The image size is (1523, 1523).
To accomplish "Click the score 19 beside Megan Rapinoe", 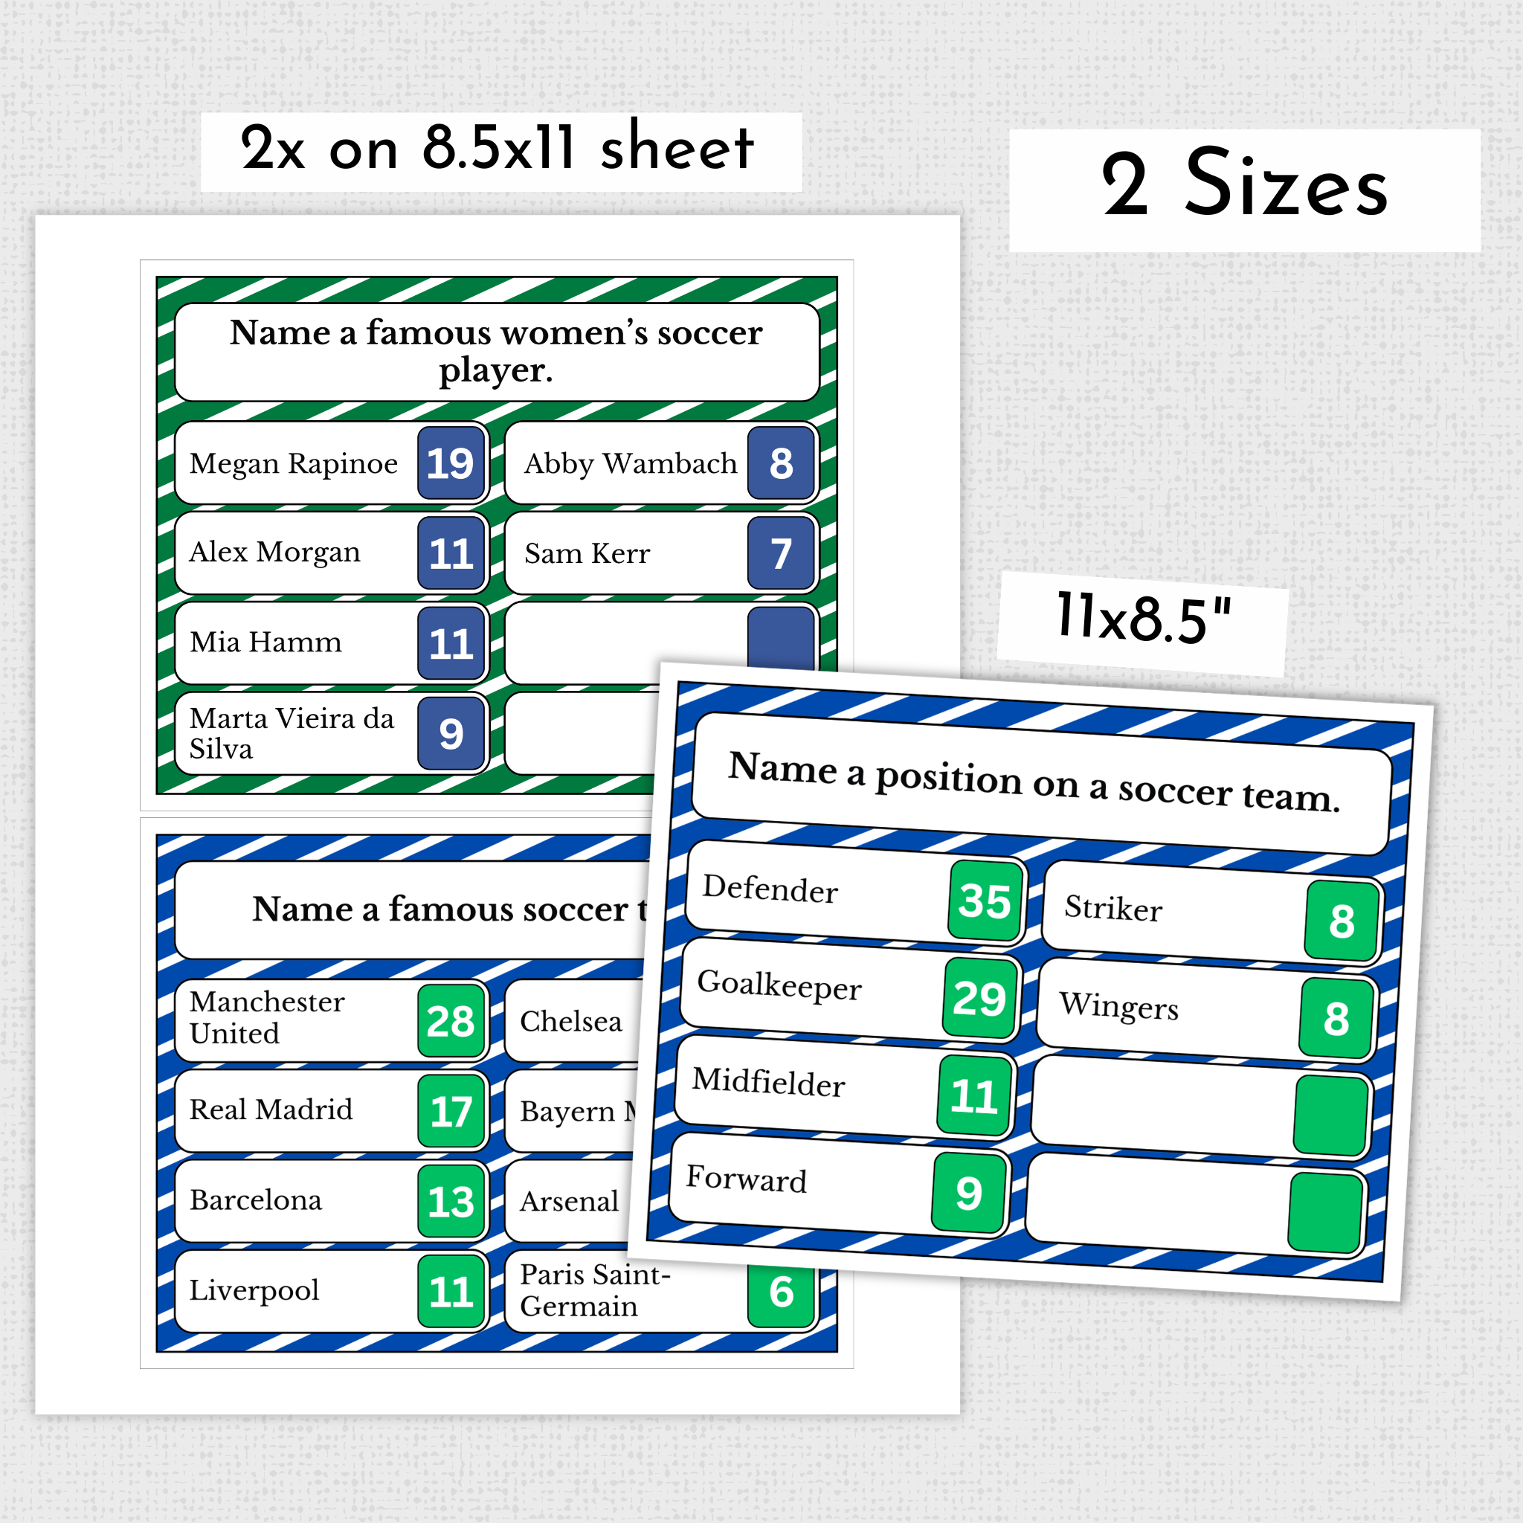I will click(x=450, y=463).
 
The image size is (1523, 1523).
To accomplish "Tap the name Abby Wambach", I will click(x=630, y=463).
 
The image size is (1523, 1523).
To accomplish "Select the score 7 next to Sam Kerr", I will click(x=780, y=553).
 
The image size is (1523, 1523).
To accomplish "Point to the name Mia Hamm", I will click(x=265, y=643).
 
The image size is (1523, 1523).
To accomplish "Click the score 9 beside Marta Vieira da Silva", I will click(x=450, y=734).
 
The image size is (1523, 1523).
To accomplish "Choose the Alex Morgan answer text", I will click(x=274, y=553).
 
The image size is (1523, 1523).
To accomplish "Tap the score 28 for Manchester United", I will click(x=450, y=1022).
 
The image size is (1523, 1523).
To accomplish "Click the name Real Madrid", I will click(x=271, y=1110).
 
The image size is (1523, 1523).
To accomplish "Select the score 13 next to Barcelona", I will click(x=450, y=1202).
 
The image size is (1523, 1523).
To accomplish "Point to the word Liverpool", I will click(x=254, y=1290).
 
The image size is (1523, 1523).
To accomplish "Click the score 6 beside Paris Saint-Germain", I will click(x=780, y=1292).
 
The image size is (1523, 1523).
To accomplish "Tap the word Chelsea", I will click(x=570, y=1022).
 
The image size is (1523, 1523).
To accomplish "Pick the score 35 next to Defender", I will click(x=985, y=901).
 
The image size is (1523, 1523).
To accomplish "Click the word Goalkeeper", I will click(x=779, y=985).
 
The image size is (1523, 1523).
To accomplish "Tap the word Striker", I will click(x=1113, y=909).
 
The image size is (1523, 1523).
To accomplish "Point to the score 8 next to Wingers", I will click(x=1336, y=1020).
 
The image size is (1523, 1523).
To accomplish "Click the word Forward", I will click(x=746, y=1180).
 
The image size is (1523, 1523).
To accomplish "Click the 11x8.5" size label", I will click(x=1143, y=619).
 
